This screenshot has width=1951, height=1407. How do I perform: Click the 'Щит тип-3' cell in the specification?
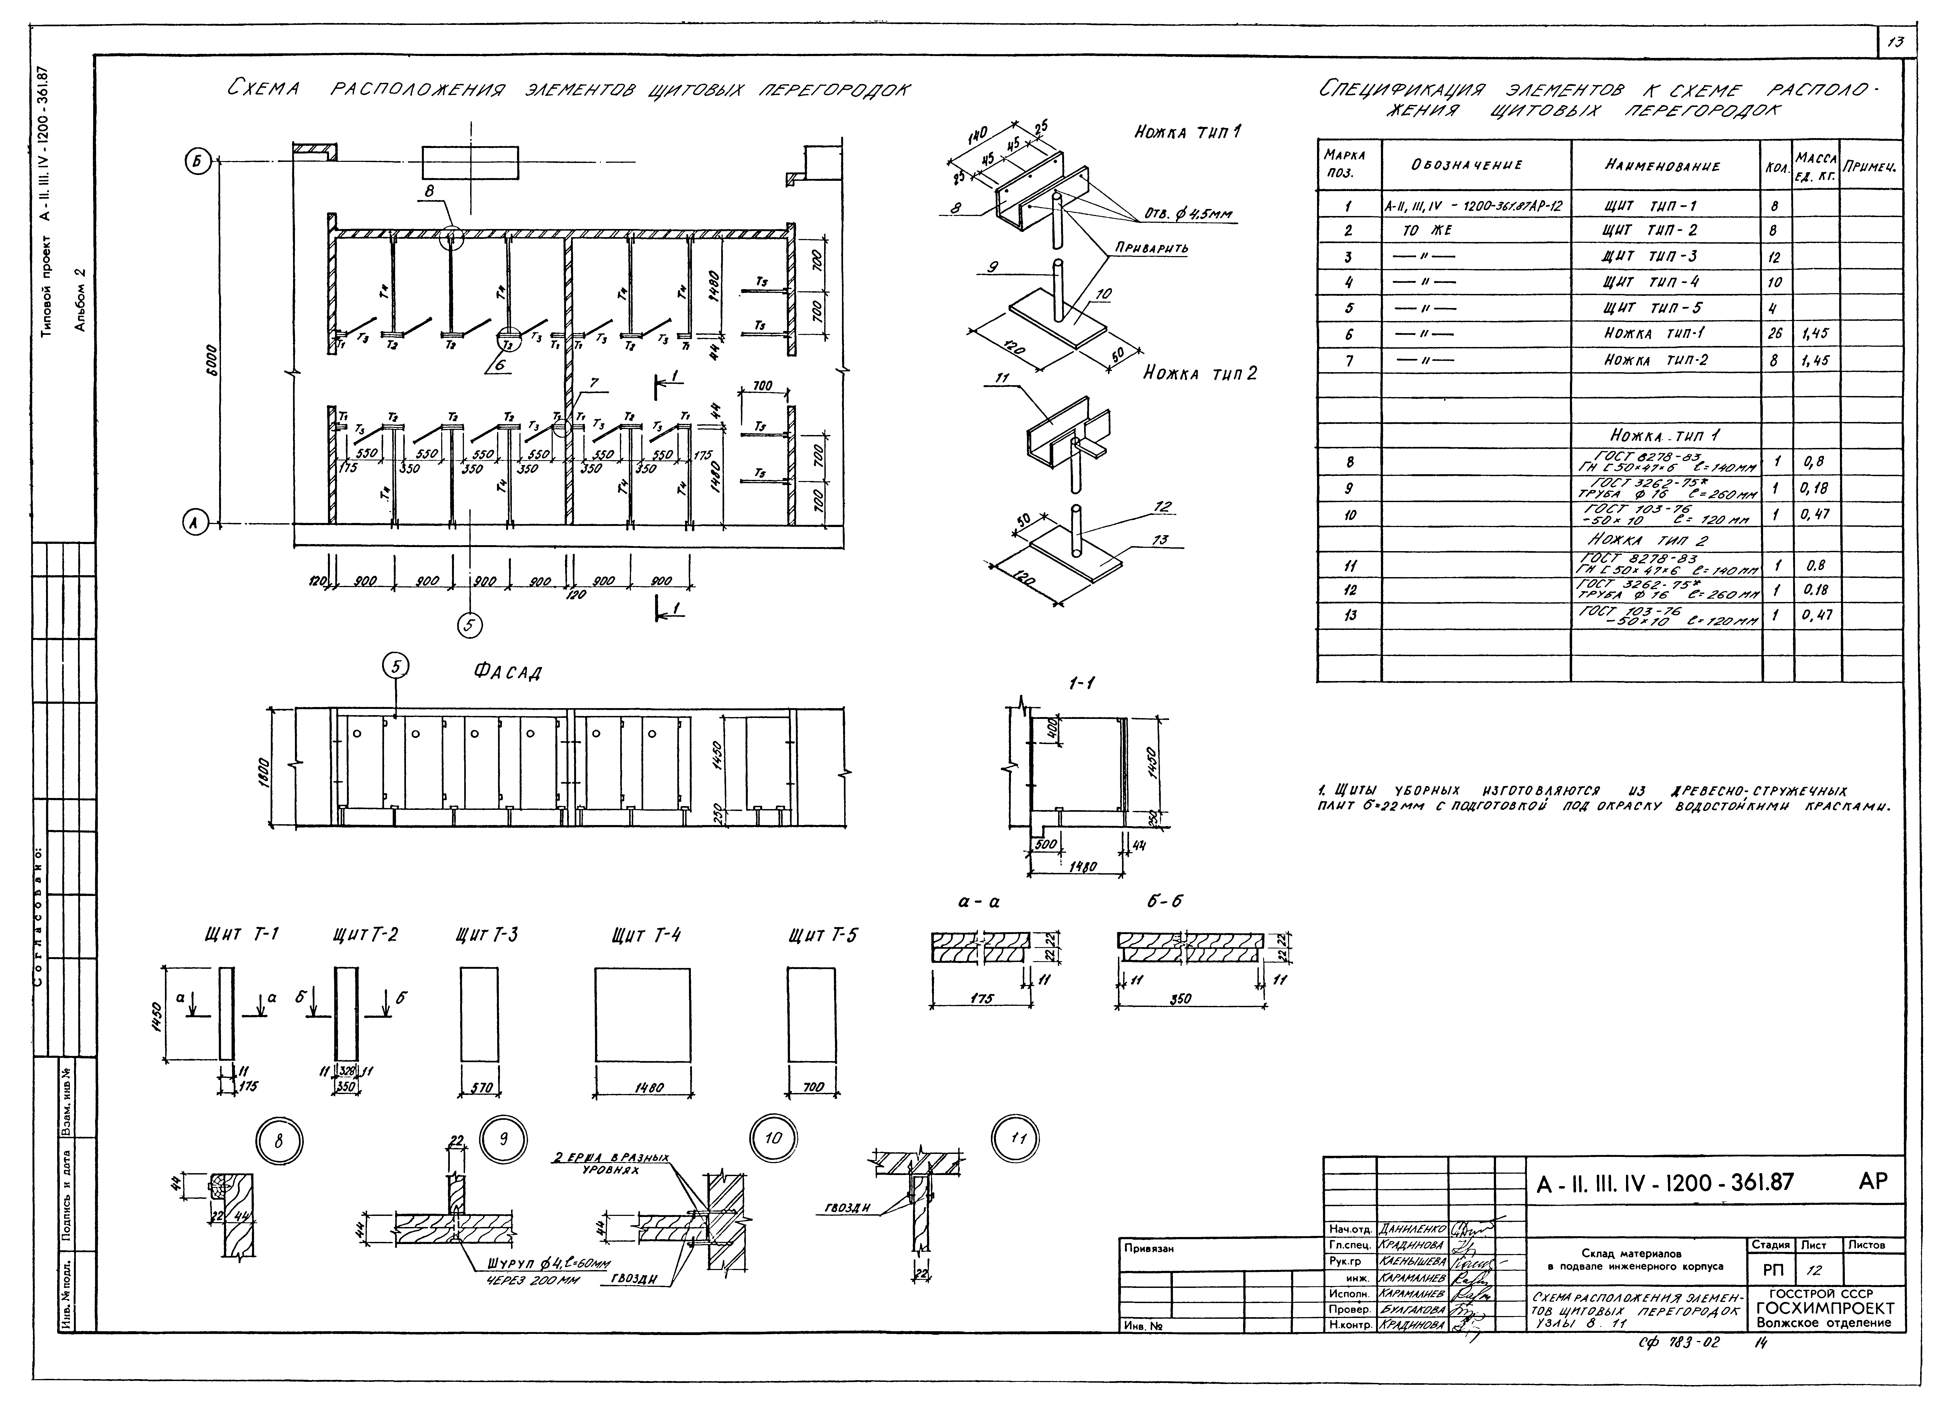click(1649, 256)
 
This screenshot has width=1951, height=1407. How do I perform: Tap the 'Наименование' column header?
click(1662, 166)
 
